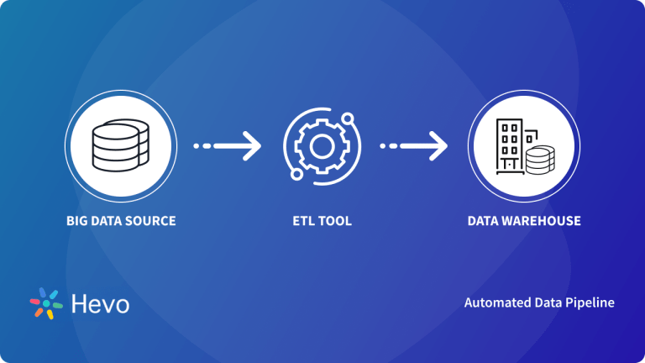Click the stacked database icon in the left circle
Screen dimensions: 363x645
pyautogui.click(x=120, y=145)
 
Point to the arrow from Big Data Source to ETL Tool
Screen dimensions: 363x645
pyautogui.click(x=227, y=146)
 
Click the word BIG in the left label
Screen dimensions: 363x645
pyautogui.click(x=77, y=222)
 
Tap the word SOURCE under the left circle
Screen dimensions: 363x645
pyautogui.click(x=152, y=222)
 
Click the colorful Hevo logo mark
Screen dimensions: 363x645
pyautogui.click(x=46, y=303)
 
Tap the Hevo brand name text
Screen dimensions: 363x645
pyautogui.click(x=100, y=303)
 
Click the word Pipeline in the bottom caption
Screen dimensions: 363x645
pyautogui.click(x=590, y=302)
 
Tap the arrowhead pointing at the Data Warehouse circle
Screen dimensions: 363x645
pyautogui.click(x=438, y=146)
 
